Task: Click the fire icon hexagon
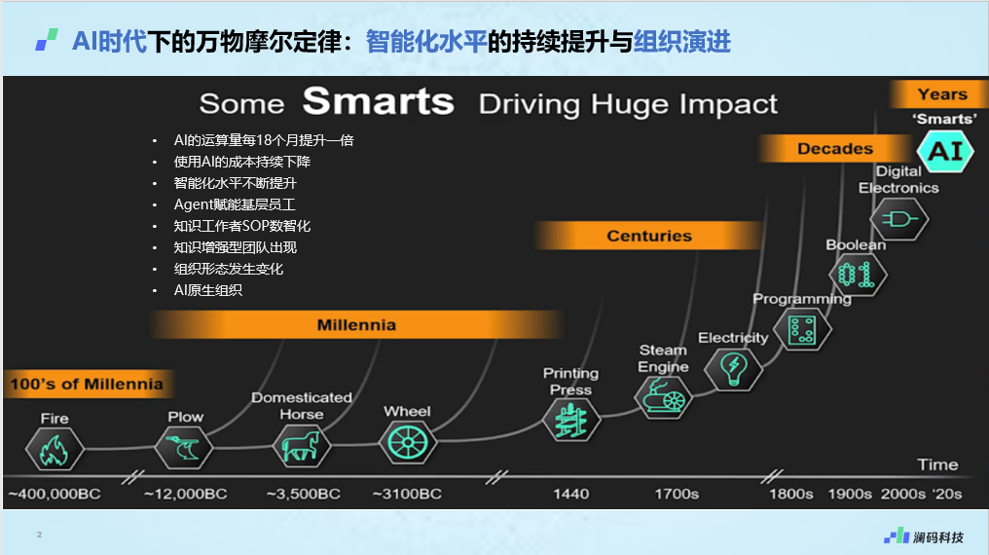point(55,449)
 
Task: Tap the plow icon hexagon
point(184,447)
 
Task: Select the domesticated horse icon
point(302,445)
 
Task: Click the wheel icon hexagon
point(408,442)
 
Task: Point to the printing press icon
point(570,421)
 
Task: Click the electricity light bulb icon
point(733,370)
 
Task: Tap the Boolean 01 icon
point(858,275)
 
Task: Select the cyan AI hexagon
point(945,151)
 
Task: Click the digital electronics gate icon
point(898,219)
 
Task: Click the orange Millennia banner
point(356,325)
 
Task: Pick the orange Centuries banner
point(649,236)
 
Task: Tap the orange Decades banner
point(835,149)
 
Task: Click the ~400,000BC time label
point(55,494)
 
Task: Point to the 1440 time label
point(570,494)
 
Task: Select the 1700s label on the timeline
point(677,494)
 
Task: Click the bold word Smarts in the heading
point(379,101)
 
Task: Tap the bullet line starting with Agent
point(235,204)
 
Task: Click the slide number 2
point(39,535)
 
